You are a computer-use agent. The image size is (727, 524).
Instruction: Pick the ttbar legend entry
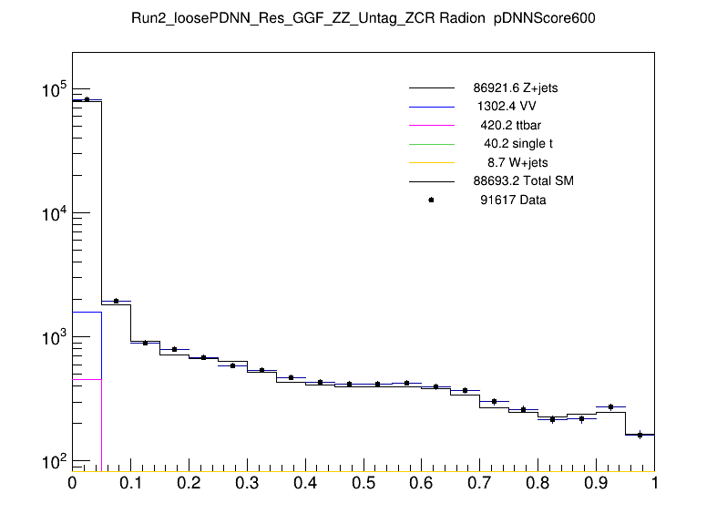511,124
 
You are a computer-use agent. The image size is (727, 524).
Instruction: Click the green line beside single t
431,143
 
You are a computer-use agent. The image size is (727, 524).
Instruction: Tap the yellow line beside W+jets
431,162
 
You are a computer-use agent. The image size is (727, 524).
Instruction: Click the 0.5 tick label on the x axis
363,482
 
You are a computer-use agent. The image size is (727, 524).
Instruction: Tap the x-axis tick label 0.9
596,482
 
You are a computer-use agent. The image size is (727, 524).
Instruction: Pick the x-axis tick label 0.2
189,482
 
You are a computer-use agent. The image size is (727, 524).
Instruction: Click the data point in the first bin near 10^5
87,99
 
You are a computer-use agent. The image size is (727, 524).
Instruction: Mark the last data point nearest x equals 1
640,435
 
